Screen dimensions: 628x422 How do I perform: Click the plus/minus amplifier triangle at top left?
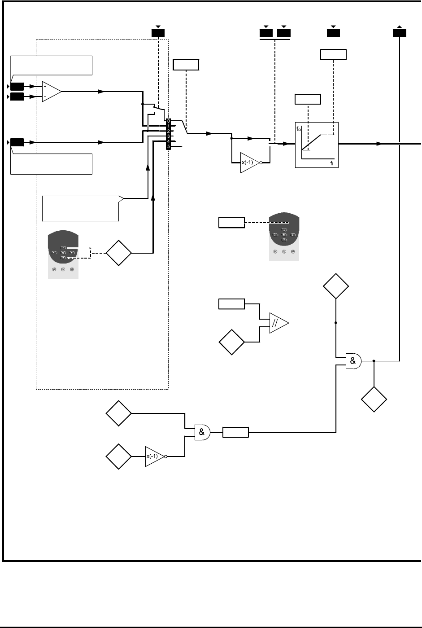[x=51, y=91]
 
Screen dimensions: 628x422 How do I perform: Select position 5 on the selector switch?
[x=168, y=147]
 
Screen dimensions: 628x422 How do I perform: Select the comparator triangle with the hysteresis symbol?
[x=278, y=323]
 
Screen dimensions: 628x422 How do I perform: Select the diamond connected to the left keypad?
[x=119, y=253]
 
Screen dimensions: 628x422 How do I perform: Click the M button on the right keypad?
[x=284, y=234]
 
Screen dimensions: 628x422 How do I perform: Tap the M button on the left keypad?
[x=63, y=253]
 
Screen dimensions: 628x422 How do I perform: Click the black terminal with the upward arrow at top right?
[x=400, y=33]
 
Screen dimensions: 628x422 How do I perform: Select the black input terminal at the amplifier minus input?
[x=17, y=97]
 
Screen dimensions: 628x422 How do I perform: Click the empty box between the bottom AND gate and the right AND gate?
[x=235, y=432]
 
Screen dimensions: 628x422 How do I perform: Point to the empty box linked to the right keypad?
[x=231, y=222]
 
